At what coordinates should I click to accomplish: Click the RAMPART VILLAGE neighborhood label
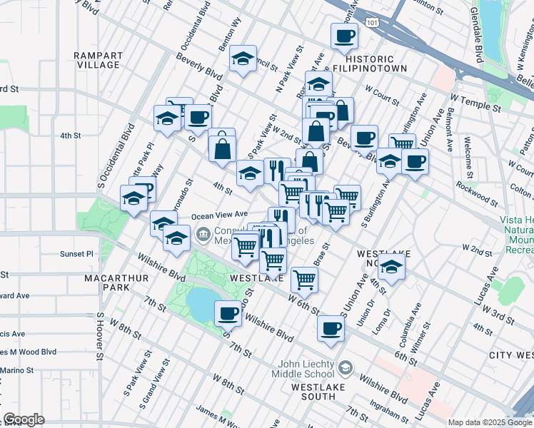click(x=98, y=60)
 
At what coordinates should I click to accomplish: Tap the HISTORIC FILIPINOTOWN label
click(x=376, y=63)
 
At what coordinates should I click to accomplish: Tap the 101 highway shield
click(x=371, y=22)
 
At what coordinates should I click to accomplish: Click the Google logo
click(x=24, y=419)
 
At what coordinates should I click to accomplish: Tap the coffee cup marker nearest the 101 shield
click(x=343, y=35)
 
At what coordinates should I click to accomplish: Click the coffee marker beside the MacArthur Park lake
click(x=228, y=312)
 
